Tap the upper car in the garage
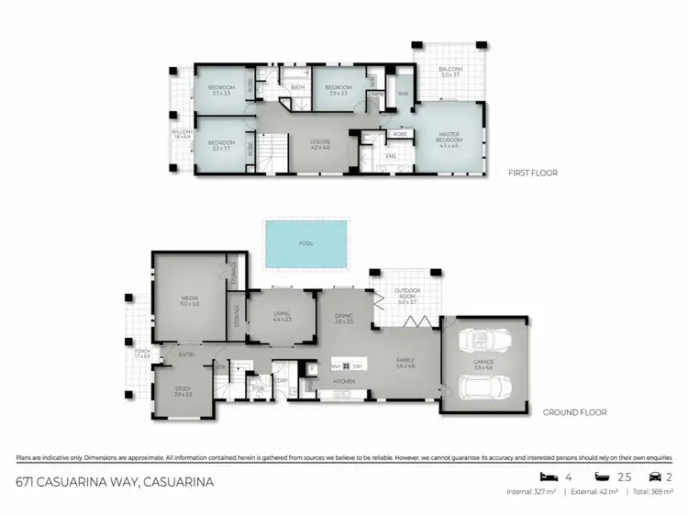[483, 342]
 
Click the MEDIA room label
[191, 299]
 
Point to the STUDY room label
[183, 391]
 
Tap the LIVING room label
[282, 316]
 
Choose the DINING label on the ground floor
[343, 316]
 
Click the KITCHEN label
[344, 379]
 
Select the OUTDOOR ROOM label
[407, 294]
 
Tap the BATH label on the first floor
[297, 88]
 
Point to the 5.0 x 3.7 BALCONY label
[449, 72]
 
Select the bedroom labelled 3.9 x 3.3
[338, 90]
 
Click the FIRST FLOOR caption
[533, 173]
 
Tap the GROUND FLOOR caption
[574, 412]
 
